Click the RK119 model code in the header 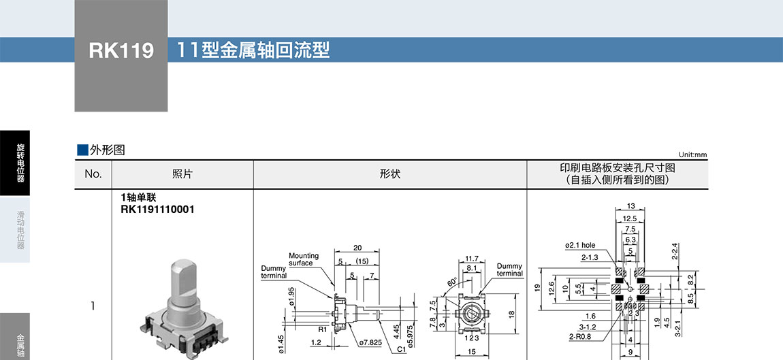121,51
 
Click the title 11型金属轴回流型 253,50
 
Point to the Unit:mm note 692,155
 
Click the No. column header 93,174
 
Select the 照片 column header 182,174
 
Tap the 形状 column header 389,174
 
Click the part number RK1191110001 157,210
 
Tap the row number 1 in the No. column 93,306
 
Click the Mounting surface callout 303,259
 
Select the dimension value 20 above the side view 357,248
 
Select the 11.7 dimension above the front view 471,259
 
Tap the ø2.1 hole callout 579,246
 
